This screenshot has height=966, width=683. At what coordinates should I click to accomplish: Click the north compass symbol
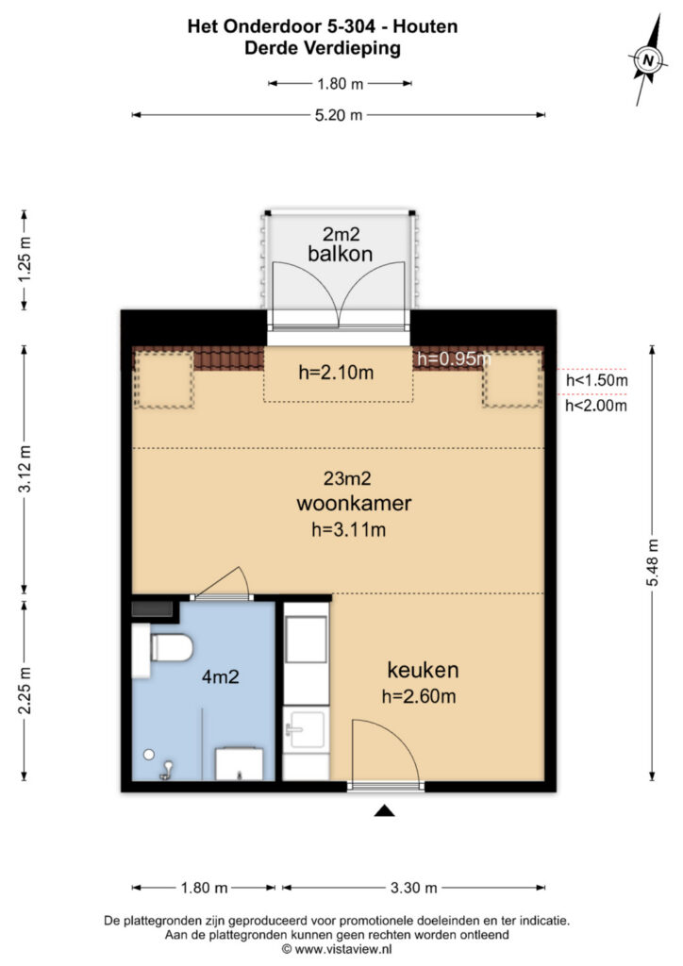[x=647, y=61]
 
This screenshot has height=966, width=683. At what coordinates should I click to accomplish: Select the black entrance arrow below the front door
[x=384, y=810]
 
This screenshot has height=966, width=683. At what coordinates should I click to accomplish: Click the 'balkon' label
[x=340, y=254]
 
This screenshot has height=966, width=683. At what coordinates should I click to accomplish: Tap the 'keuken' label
[x=422, y=671]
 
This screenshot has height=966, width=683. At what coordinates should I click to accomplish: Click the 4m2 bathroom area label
[x=218, y=676]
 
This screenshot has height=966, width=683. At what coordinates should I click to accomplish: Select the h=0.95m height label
[x=453, y=358]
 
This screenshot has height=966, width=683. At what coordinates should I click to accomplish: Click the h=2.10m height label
[x=336, y=373]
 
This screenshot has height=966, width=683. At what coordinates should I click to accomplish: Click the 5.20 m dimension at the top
[x=339, y=115]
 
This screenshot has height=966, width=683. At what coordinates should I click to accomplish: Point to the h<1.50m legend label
[x=596, y=380]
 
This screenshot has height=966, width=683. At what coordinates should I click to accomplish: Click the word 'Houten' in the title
[x=427, y=27]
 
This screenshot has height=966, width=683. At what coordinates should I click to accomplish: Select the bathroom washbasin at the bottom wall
[x=241, y=763]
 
